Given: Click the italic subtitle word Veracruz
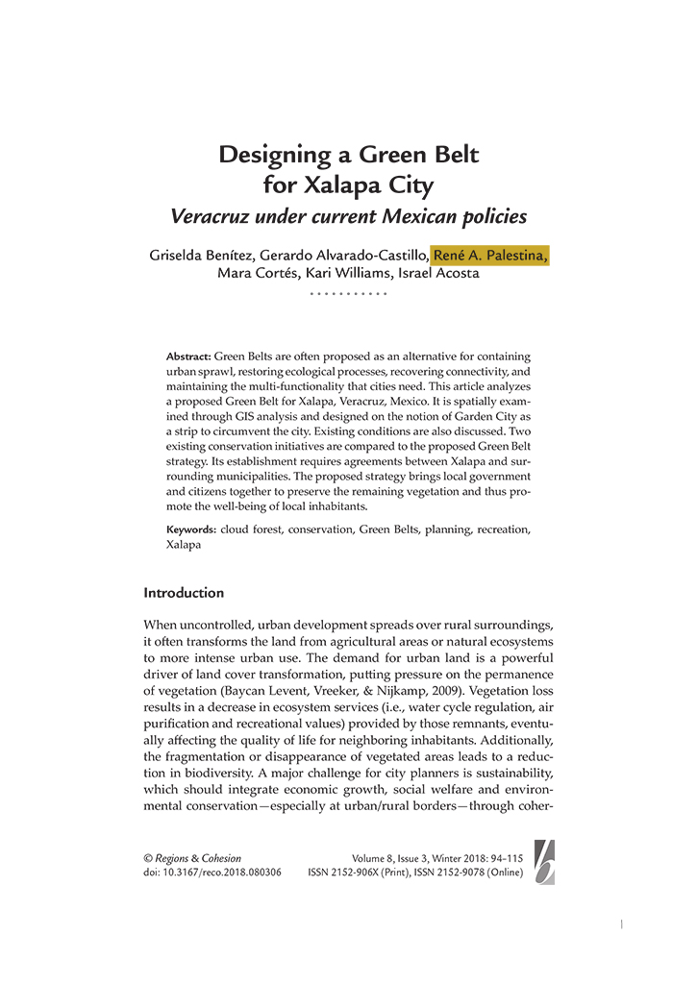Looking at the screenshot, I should coord(214,216).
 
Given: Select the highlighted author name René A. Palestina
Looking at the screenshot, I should coord(490,255).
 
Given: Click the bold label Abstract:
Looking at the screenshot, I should coord(188,357).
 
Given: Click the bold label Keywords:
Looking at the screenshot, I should coord(191,529).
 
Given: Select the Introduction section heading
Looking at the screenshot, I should coord(184,593).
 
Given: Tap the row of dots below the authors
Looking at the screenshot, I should coord(348,292).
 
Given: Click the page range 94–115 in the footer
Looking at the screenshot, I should coord(506,858).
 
